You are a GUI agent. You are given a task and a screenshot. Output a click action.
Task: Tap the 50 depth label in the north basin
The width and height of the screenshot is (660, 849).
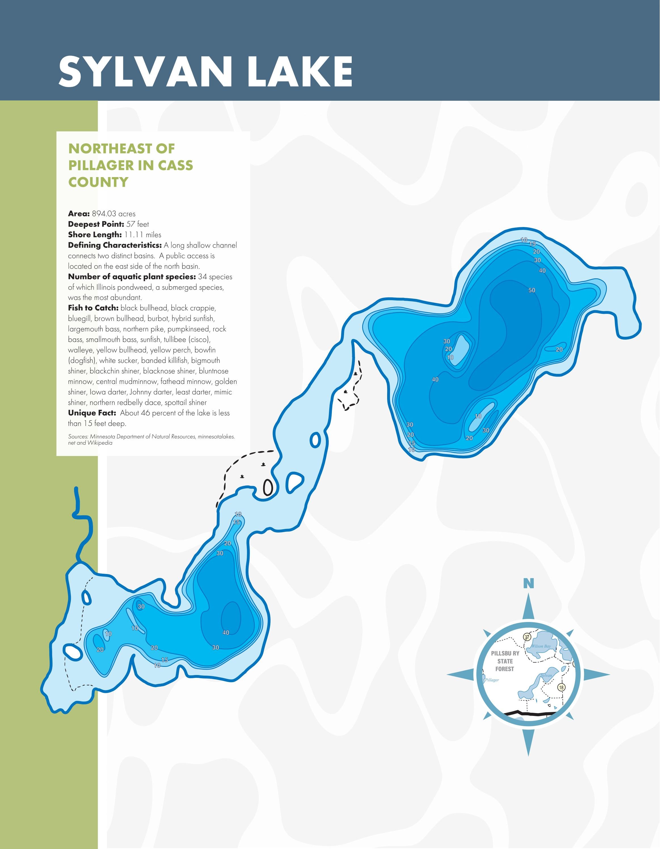(x=532, y=290)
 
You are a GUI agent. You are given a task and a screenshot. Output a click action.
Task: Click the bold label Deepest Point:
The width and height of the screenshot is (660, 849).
(x=96, y=224)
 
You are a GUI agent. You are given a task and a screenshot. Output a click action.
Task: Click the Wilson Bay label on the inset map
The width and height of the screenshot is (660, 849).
(x=541, y=646)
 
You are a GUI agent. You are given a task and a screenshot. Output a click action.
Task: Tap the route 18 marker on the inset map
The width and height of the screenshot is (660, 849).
(x=561, y=687)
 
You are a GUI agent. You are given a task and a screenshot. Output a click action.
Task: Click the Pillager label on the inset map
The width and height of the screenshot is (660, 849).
(x=492, y=680)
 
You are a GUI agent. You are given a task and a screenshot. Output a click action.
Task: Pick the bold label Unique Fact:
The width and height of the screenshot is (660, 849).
(x=92, y=413)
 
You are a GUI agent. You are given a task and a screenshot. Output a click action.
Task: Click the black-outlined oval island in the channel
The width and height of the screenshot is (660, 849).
(x=268, y=487)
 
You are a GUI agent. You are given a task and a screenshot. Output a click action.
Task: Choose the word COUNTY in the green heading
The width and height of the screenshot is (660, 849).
(x=98, y=182)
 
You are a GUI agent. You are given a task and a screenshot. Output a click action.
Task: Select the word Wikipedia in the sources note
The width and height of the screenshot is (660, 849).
(x=100, y=443)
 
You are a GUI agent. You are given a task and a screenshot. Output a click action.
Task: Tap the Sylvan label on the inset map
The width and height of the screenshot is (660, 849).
(x=547, y=675)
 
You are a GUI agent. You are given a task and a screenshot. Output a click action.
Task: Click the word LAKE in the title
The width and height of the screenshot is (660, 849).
(x=300, y=72)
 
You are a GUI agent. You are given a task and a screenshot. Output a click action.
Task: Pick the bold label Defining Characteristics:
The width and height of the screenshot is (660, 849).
(x=115, y=245)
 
